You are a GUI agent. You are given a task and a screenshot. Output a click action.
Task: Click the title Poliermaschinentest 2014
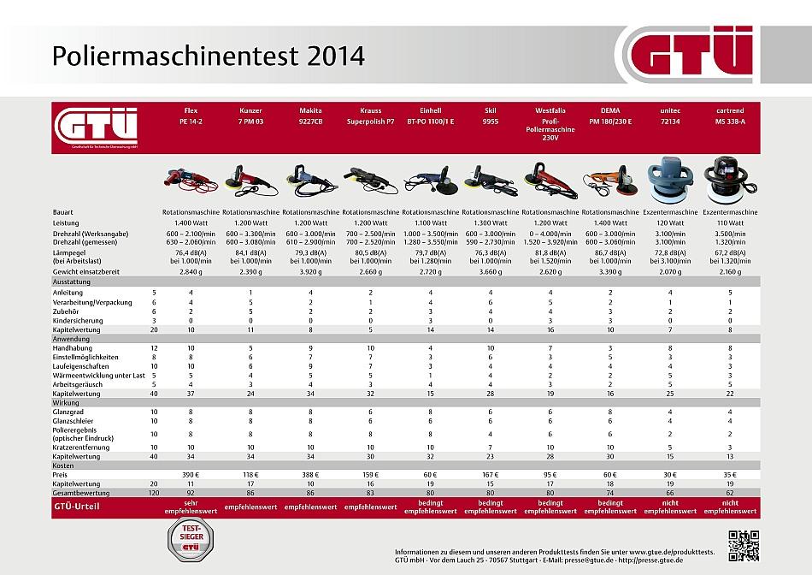208,56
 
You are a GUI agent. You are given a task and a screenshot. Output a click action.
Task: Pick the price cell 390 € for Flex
191,472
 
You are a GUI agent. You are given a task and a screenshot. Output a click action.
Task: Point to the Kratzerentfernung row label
84,448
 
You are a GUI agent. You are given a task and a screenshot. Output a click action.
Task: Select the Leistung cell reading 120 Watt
670,222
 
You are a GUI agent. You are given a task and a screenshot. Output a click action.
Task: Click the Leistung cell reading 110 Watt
731,222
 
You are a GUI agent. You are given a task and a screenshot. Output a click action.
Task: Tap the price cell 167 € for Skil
491,472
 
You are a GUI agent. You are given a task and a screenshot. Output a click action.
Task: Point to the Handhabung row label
73,348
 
